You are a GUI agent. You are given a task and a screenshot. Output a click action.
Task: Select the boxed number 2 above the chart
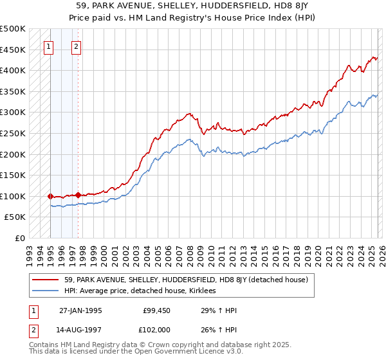pos(76,46)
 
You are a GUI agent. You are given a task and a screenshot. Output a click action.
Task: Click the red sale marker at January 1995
pos(50,196)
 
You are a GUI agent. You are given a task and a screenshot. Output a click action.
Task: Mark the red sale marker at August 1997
pos(78,195)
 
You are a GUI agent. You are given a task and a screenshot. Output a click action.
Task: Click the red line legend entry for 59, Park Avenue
pos(187,280)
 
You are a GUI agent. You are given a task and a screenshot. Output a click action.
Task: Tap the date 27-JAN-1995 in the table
pos(80,310)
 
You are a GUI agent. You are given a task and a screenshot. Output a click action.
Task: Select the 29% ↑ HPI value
pos(219,310)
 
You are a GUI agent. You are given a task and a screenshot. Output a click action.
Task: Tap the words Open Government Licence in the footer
pos(194,353)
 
